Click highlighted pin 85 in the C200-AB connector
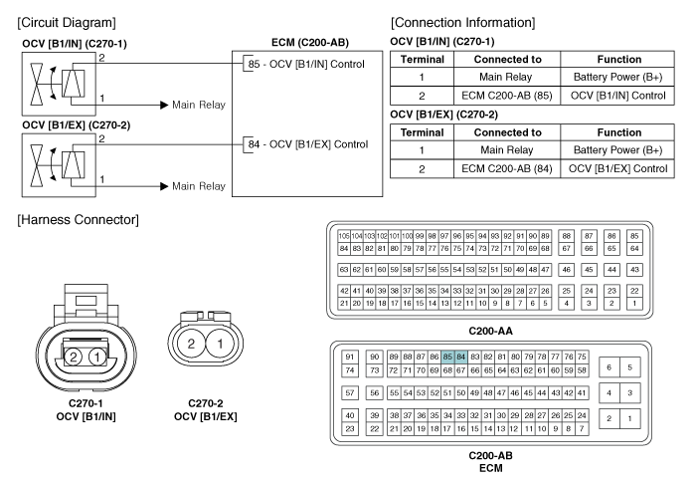click(447, 357)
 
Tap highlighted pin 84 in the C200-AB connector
click(460, 357)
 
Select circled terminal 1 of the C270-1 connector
click(96, 357)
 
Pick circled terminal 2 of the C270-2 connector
click(191, 344)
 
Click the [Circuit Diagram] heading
click(67, 23)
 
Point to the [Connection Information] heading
click(463, 23)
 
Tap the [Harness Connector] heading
click(79, 219)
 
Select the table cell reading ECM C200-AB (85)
click(507, 96)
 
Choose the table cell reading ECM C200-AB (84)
click(507, 169)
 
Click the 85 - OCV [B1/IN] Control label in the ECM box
click(306, 64)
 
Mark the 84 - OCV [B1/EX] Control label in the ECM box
click(308, 144)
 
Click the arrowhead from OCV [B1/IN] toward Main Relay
click(164, 105)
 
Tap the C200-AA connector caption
click(490, 331)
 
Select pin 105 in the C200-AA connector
click(344, 236)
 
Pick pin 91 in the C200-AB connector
click(350, 357)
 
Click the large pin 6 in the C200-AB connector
click(609, 367)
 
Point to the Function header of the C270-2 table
click(619, 132)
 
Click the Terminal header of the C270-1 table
click(423, 60)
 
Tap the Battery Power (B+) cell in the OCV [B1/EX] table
click(617, 150)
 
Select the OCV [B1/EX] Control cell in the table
click(617, 169)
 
